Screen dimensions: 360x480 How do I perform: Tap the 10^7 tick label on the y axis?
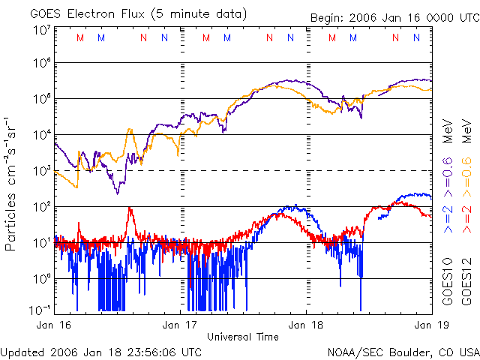point(41,31)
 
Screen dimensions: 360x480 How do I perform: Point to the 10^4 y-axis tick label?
point(41,136)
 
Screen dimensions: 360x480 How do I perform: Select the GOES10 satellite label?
point(446,285)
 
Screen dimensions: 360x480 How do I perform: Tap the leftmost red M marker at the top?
point(80,37)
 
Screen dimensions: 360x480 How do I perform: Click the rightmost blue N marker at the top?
point(416,37)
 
